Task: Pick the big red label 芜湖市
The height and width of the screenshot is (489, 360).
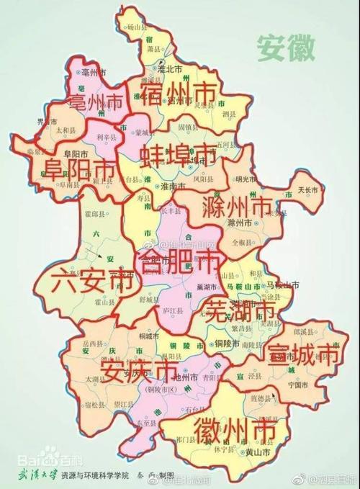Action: (x=239, y=311)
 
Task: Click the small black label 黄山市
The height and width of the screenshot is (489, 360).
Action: (x=257, y=452)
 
